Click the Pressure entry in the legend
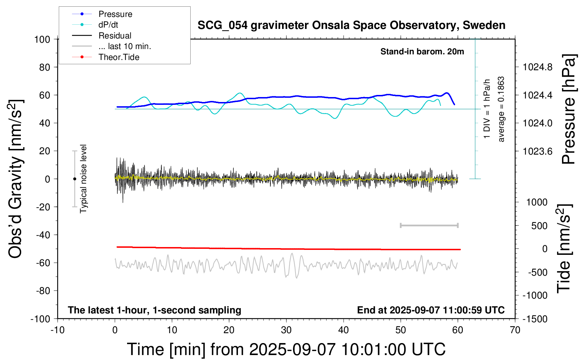pyautogui.click(x=115, y=14)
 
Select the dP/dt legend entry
pyautogui.click(x=108, y=25)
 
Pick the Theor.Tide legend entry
pyautogui.click(x=119, y=57)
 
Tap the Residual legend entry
pyautogui.click(x=115, y=36)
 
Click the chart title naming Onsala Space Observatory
pyautogui.click(x=351, y=25)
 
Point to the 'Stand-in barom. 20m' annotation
pyautogui.click(x=422, y=52)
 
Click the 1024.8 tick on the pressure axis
pyautogui.click(x=537, y=67)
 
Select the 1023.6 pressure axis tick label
pyautogui.click(x=537, y=151)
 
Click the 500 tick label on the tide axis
pyautogui.click(x=539, y=226)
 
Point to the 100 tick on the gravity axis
pyautogui.click(x=42, y=39)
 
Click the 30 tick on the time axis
pyautogui.click(x=286, y=330)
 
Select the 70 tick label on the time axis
pyautogui.click(x=515, y=330)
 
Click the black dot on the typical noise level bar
pyautogui.click(x=74, y=179)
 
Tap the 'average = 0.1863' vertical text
pyautogui.click(x=501, y=109)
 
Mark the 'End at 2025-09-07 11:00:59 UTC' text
pyautogui.click(x=431, y=310)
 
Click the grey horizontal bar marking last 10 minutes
pyautogui.click(x=429, y=225)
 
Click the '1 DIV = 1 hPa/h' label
pyautogui.click(x=487, y=109)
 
